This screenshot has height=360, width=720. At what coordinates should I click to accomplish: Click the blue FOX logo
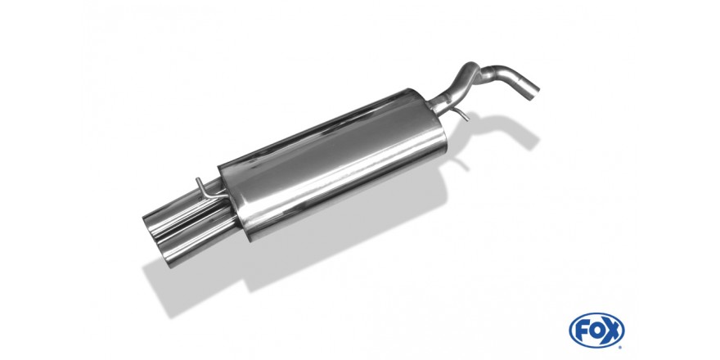[x=596, y=331]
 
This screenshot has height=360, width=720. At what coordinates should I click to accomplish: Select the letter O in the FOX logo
[x=597, y=331]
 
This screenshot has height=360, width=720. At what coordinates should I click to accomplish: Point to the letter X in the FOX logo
[x=612, y=331]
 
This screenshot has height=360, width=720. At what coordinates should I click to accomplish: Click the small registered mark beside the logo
[x=621, y=347]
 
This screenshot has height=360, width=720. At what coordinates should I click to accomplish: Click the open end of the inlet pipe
[x=532, y=92]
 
